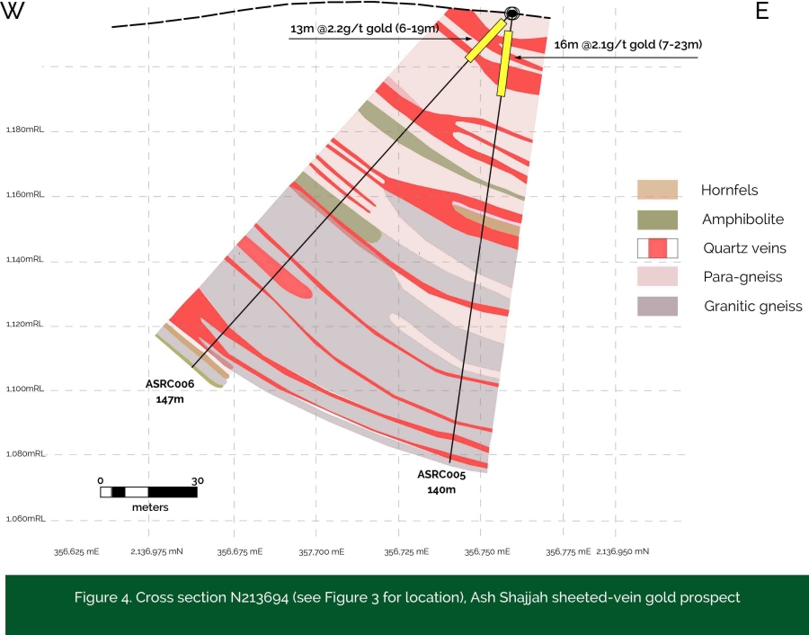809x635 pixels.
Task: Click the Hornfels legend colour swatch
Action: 657,190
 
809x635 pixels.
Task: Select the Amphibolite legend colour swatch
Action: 657,219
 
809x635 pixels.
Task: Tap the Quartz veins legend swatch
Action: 657,248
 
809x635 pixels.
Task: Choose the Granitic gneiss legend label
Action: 753,307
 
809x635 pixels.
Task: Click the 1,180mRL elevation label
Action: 25,130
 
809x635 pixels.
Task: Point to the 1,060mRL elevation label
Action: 25,519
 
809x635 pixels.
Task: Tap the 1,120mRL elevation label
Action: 25,325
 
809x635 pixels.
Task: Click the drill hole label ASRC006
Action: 170,384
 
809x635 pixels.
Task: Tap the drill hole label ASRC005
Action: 441,475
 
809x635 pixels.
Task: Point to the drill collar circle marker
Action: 512,13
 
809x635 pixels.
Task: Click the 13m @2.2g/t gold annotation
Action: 364,30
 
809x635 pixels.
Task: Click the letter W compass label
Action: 13,13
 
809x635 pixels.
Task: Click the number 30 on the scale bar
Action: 197,480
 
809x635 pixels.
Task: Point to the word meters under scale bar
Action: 150,507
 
